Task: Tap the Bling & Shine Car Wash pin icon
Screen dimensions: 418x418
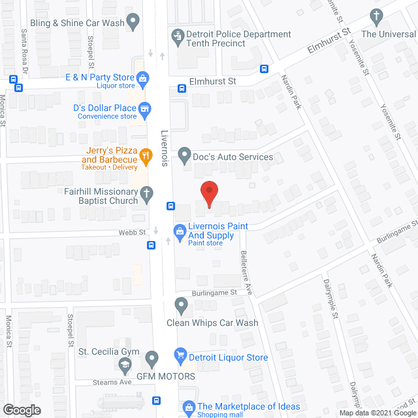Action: coord(133,22)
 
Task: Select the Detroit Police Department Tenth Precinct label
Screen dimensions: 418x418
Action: coord(238,39)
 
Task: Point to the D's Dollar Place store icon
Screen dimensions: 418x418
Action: coord(146,107)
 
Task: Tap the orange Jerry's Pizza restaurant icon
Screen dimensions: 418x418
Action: coord(147,155)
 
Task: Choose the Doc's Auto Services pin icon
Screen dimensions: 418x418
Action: coord(184,156)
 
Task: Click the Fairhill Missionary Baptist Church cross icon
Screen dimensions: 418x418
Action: coord(148,193)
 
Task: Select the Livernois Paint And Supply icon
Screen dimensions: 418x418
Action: coord(178,231)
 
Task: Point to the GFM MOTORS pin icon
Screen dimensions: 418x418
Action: coord(152,358)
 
